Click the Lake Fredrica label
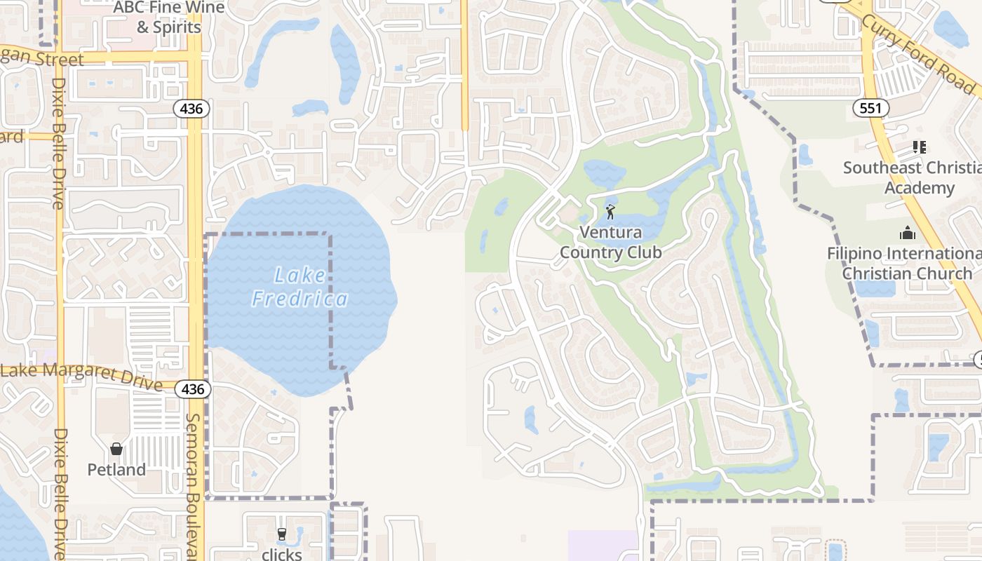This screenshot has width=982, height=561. pos(300,287)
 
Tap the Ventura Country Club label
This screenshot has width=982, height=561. pos(610,242)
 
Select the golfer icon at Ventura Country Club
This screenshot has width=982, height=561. pos(610,210)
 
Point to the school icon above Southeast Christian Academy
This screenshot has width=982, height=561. pos(919,147)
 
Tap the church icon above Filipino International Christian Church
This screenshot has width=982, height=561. pos(908,233)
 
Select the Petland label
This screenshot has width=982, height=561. pos(116,469)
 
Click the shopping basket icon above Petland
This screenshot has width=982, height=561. pos(116,449)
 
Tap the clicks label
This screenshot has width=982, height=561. pos(281,554)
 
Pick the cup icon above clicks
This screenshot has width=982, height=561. pos(281,534)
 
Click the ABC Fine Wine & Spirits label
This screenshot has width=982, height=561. pos(169,18)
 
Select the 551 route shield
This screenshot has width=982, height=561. pos(871,108)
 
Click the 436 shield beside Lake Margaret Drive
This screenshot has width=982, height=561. pos(192,388)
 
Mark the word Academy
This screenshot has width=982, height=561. pos(919,188)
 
